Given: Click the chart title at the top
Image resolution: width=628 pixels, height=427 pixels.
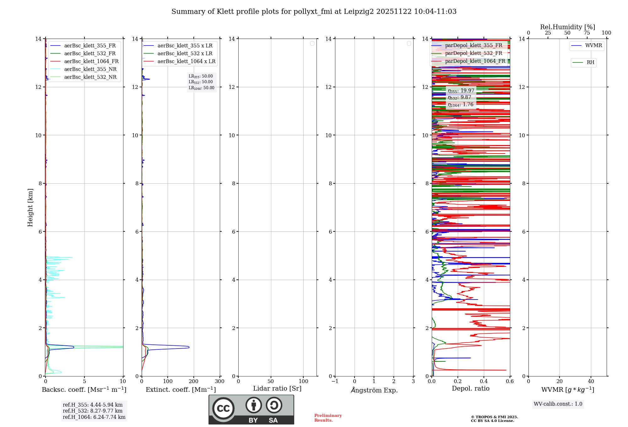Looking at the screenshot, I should click(x=314, y=12).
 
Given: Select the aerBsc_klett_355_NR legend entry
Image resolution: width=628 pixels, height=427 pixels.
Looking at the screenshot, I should click(x=90, y=69).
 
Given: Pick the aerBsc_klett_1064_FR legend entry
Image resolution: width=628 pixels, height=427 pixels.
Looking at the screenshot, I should click(x=91, y=61).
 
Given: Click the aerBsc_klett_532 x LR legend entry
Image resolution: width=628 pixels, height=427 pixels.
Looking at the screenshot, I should click(x=185, y=53).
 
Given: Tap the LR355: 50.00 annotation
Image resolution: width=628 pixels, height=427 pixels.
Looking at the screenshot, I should click(x=201, y=76).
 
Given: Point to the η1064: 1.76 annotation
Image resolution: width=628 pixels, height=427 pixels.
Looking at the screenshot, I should click(x=461, y=105).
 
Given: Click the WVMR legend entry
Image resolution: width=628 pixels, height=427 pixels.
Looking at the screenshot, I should click(x=593, y=46).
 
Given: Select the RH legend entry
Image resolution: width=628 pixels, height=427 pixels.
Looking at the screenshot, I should click(x=590, y=62).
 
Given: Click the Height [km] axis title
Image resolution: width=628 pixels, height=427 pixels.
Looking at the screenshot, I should click(x=30, y=207).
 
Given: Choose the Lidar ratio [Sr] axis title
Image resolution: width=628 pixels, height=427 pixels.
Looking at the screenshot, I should click(x=277, y=388).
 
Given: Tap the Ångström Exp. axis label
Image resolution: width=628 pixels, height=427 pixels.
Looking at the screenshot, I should click(x=374, y=390).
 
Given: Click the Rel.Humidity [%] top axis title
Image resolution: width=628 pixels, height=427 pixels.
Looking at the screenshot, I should click(x=567, y=27).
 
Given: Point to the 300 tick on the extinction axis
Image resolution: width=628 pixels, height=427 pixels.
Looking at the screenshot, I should click(x=219, y=381).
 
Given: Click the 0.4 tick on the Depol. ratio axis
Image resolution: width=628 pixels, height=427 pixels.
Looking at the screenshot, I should click(x=484, y=381).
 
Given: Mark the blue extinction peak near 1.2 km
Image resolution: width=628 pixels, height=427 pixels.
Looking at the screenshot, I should click(x=188, y=347).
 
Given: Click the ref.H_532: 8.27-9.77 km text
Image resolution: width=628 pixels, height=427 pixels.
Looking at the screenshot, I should click(x=93, y=411).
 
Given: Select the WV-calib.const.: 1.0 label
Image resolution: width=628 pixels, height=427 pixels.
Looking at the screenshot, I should click(x=558, y=404).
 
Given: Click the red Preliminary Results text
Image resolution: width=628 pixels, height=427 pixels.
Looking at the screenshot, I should click(x=328, y=418).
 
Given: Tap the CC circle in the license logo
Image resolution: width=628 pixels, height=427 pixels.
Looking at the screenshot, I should click(x=223, y=408).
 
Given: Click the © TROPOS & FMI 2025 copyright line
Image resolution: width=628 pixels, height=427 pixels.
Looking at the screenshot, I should click(x=494, y=417).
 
